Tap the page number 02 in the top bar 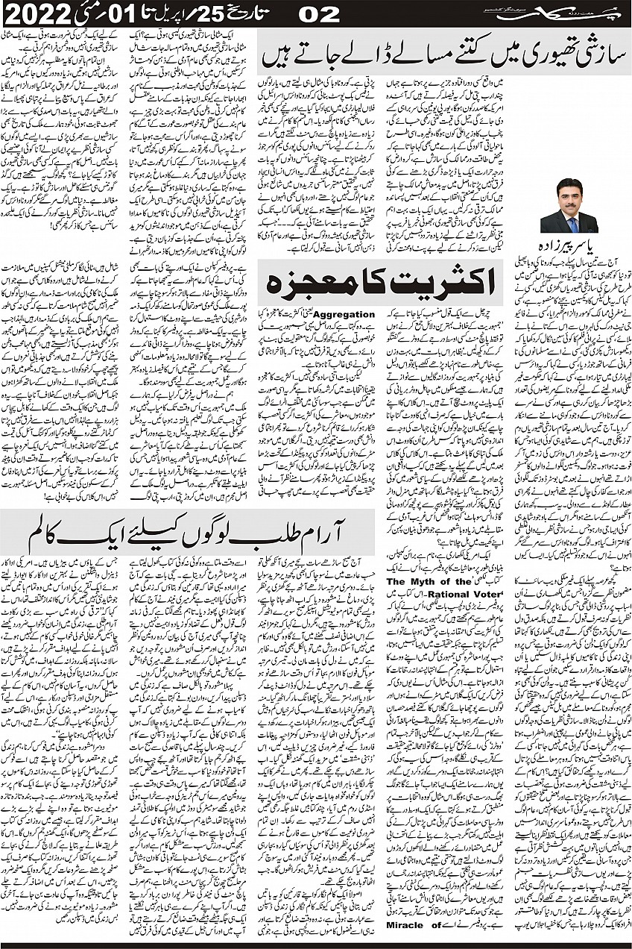(x=317, y=13)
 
